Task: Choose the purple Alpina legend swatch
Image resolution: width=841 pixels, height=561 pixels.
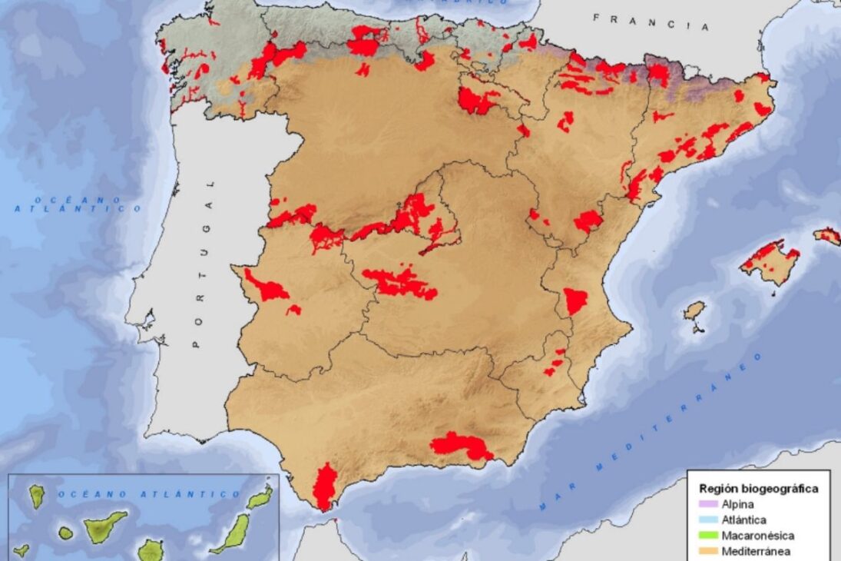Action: tap(708, 504)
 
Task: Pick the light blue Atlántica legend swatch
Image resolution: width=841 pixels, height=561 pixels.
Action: tap(708, 520)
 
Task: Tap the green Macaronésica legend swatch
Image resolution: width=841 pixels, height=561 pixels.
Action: tap(708, 535)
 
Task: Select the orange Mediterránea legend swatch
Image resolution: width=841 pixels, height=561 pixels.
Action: tap(708, 550)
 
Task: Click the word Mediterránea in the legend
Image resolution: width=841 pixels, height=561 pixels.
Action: tap(757, 550)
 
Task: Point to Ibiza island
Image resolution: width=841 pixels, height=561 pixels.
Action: tap(694, 310)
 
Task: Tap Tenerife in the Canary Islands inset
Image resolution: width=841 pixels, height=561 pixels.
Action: tap(104, 526)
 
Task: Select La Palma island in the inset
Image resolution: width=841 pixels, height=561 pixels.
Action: tap(37, 496)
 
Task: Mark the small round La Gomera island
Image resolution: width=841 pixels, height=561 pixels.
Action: tap(66, 533)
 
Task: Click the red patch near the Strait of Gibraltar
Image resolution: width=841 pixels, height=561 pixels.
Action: tap(325, 486)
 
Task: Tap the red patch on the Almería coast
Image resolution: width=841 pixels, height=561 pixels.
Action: tap(461, 446)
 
